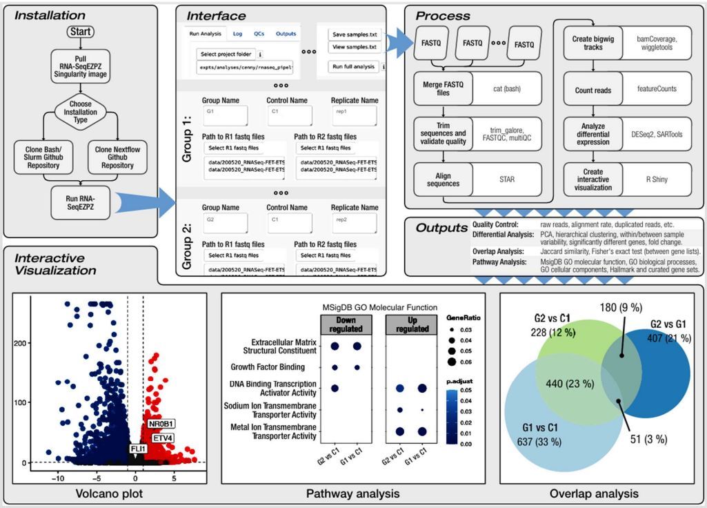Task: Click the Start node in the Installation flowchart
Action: point(81,32)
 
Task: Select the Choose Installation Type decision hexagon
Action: point(81,111)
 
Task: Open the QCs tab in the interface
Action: point(258,33)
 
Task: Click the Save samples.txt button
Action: point(355,34)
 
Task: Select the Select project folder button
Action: point(226,54)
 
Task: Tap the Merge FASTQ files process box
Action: point(442,90)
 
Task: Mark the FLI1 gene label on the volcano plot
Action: point(139,449)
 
